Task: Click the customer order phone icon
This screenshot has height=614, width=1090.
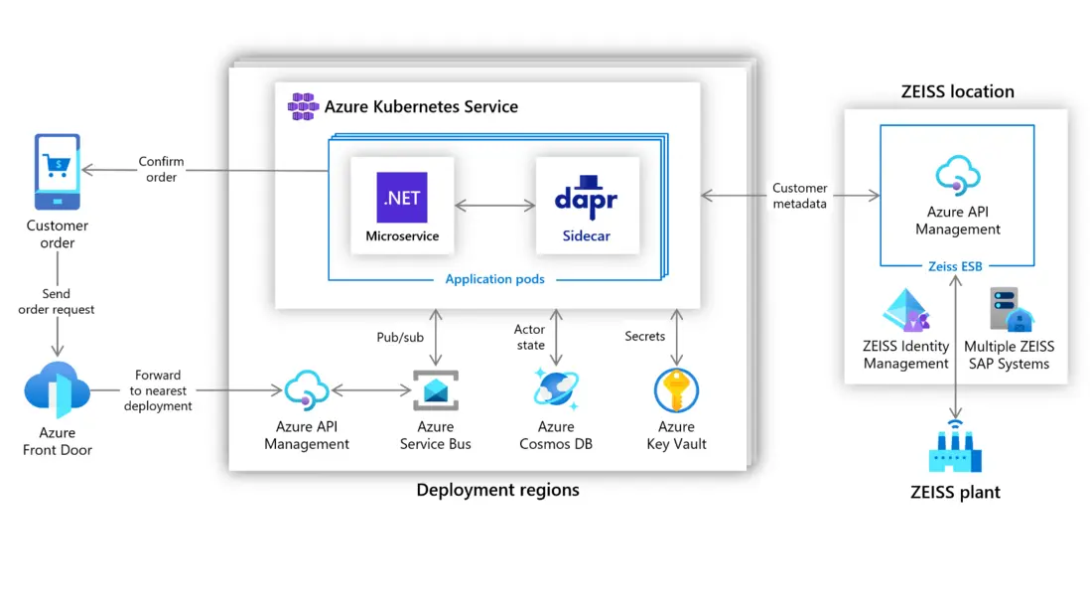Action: click(58, 171)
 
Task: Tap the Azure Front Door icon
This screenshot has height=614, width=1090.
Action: click(57, 390)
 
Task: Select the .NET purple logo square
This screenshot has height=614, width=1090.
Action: click(402, 197)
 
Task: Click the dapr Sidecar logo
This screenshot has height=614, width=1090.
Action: click(586, 198)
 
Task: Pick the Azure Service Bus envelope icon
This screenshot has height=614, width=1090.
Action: click(435, 390)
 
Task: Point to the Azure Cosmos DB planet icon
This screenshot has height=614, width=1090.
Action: click(556, 389)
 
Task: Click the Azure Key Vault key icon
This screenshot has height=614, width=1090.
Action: click(676, 389)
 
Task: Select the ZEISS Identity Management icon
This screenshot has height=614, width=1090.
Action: click(905, 310)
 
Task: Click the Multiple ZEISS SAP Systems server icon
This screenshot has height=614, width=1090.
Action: click(1011, 310)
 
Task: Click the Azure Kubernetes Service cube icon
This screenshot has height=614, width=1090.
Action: click(302, 106)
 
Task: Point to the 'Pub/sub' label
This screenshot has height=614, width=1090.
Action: click(400, 337)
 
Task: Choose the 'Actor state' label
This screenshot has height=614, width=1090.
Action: click(530, 337)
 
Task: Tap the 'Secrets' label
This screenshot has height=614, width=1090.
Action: click(644, 337)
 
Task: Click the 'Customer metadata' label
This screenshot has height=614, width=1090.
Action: click(799, 196)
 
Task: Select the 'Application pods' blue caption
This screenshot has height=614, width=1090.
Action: click(494, 279)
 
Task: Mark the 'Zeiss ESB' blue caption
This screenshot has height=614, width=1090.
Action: click(957, 266)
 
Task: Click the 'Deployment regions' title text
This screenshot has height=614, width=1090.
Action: click(497, 490)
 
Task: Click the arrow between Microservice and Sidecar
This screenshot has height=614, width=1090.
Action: click(494, 206)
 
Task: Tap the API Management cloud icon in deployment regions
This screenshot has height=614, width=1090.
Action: click(306, 390)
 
